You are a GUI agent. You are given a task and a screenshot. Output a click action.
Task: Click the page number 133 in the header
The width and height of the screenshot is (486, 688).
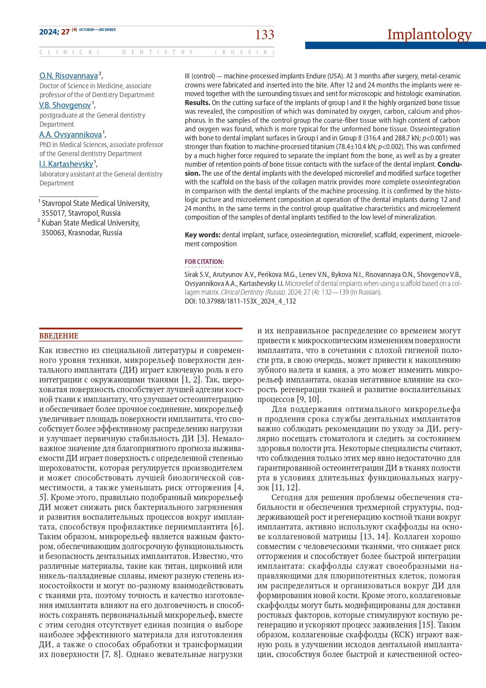point(265,35)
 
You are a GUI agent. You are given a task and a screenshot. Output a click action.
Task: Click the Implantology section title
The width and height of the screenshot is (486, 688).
point(429,35)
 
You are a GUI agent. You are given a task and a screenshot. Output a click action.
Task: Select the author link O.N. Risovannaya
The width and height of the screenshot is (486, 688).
point(69,76)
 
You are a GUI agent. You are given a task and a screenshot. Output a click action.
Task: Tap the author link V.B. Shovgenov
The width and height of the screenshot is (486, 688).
point(65,105)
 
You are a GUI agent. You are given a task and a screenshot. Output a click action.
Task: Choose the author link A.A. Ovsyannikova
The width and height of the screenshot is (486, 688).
point(70,135)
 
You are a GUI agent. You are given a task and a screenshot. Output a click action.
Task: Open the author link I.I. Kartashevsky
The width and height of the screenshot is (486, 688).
point(66,164)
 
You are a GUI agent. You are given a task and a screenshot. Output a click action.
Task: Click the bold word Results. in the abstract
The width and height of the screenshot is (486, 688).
point(197,103)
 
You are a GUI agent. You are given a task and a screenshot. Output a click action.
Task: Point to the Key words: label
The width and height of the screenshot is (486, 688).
point(202,235)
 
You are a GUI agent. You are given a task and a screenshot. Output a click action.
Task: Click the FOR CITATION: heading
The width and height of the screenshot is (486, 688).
point(204,262)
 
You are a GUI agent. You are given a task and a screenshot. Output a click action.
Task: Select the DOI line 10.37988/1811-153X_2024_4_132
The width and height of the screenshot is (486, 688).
point(240,301)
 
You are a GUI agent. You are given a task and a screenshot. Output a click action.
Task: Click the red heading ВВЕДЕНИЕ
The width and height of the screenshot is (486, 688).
point(59,336)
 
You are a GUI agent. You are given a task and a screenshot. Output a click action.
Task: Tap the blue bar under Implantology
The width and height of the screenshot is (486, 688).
point(395,46)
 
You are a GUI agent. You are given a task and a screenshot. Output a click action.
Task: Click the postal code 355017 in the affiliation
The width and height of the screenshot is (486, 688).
point(54,213)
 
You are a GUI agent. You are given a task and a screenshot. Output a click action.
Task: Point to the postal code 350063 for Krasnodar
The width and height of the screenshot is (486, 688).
point(54,233)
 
